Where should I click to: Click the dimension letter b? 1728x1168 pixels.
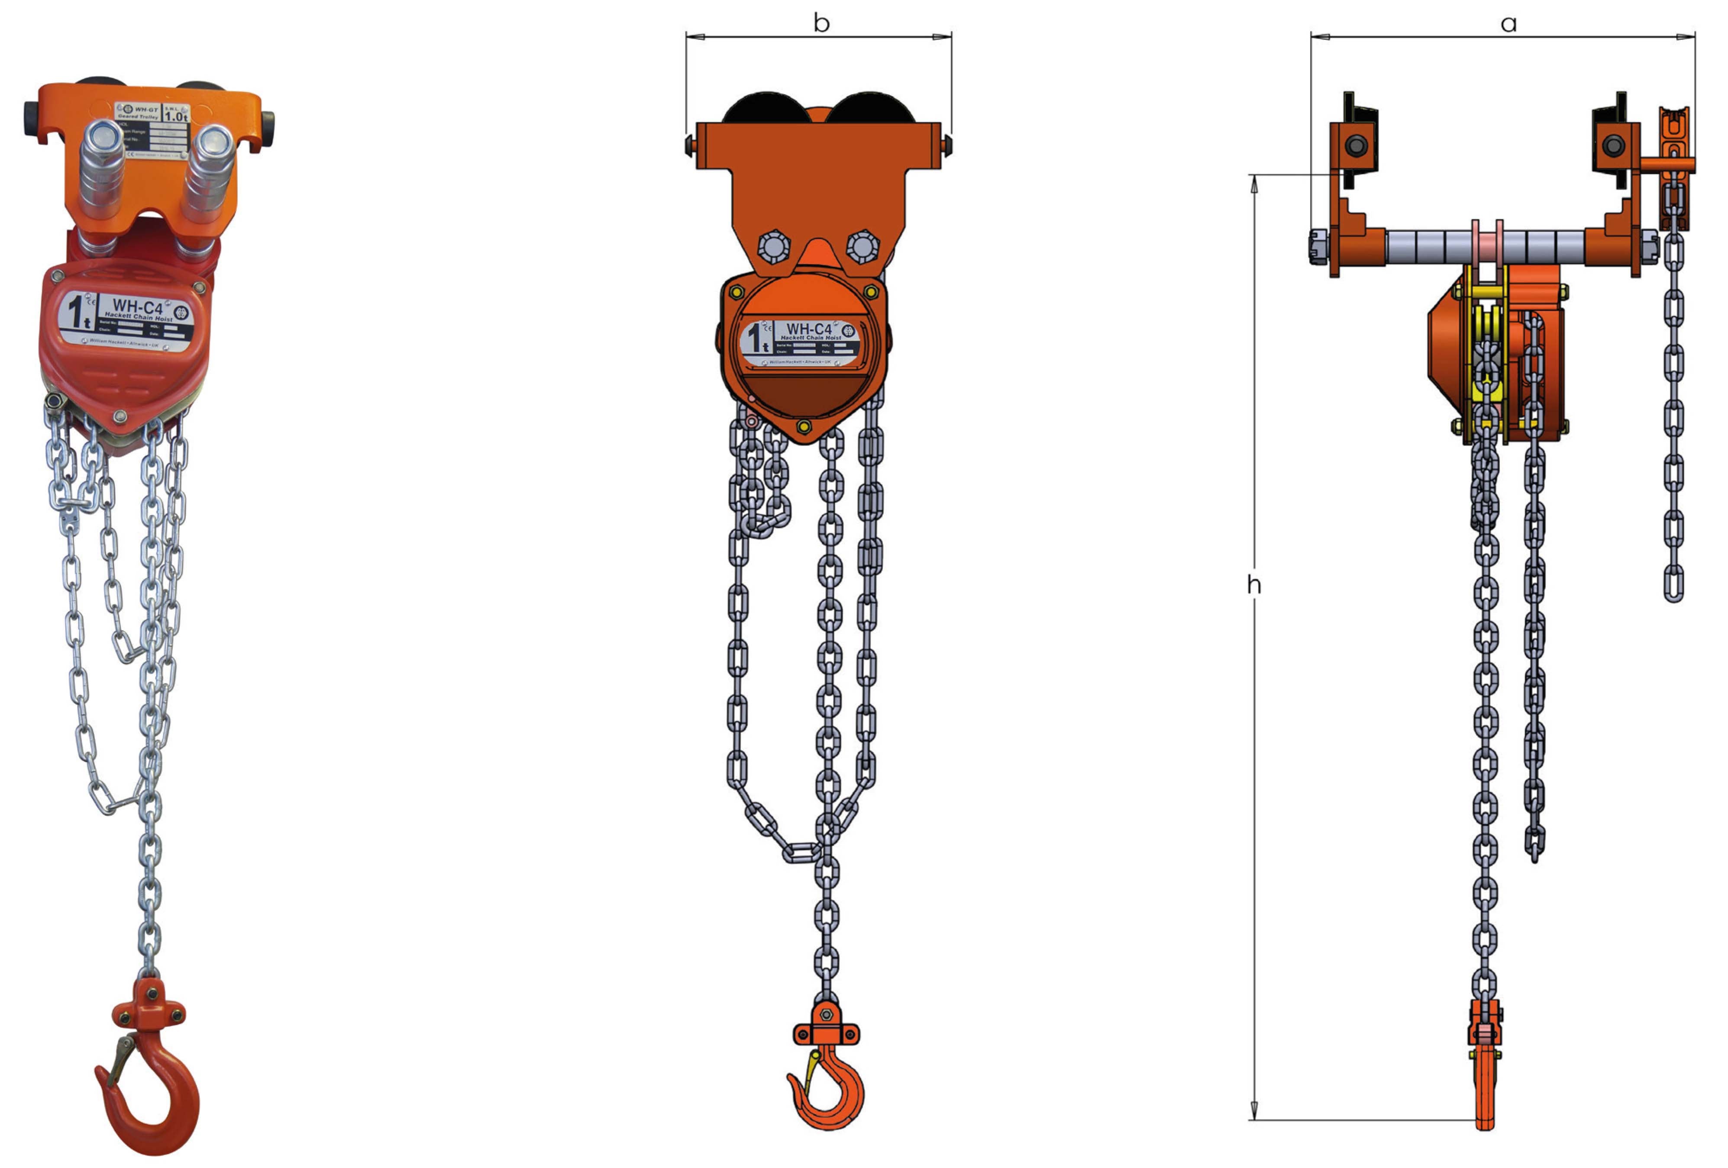point(821,23)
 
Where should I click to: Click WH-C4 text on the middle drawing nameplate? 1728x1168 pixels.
point(809,329)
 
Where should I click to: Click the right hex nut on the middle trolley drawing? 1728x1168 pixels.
point(862,245)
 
